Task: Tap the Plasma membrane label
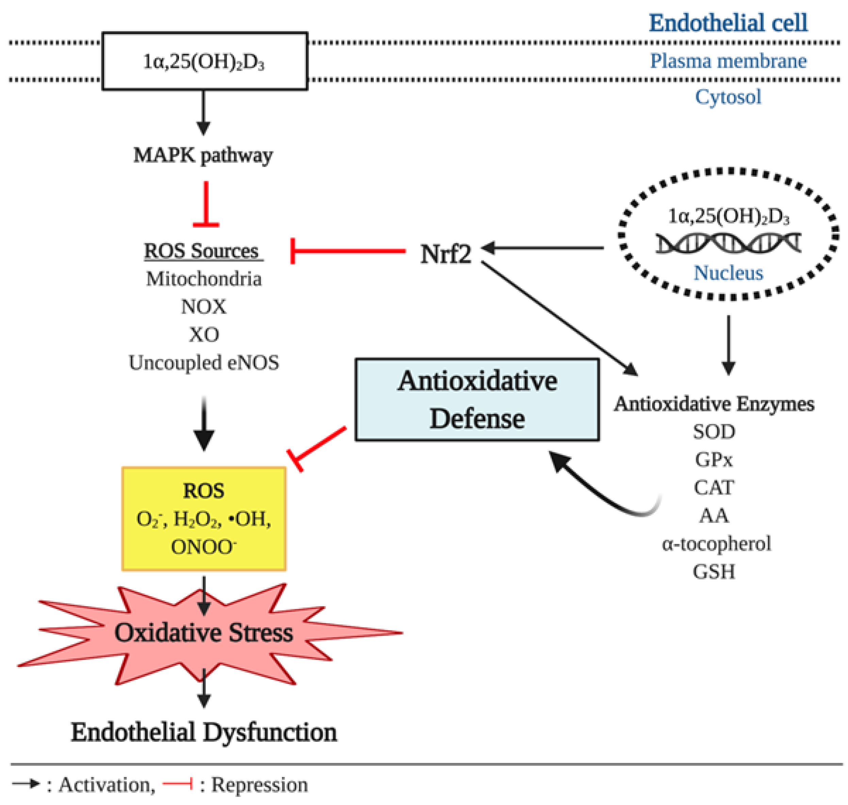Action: pyautogui.click(x=728, y=61)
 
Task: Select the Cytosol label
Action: pyautogui.click(x=728, y=97)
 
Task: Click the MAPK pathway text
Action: pyautogui.click(x=203, y=155)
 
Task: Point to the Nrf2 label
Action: pyautogui.click(x=445, y=253)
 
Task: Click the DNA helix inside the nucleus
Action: pyautogui.click(x=728, y=243)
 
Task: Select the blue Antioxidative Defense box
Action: pyautogui.click(x=477, y=399)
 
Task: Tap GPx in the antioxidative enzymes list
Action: pyautogui.click(x=714, y=460)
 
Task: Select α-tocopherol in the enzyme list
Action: pyautogui.click(x=716, y=544)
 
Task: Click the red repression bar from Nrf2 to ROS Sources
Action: pyautogui.click(x=348, y=251)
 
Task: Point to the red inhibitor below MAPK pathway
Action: pyautogui.click(x=206, y=204)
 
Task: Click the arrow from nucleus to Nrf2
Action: pyautogui.click(x=543, y=248)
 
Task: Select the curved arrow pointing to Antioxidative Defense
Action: pyautogui.click(x=601, y=491)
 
